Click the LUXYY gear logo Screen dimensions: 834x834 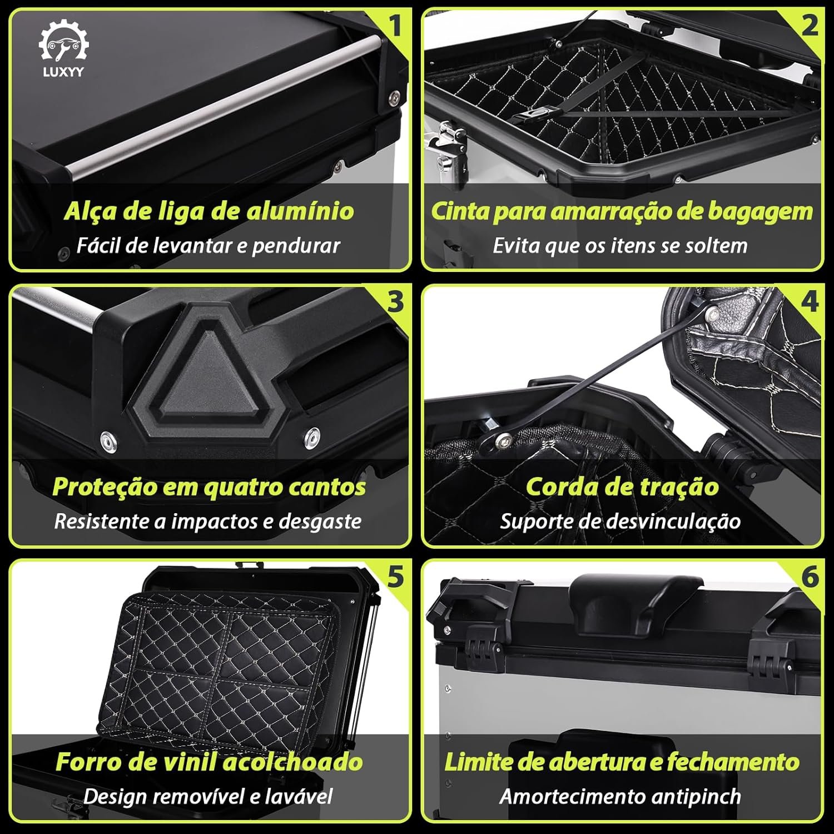[63, 48]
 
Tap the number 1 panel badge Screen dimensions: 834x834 [394, 26]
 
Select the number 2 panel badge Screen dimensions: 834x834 [810, 26]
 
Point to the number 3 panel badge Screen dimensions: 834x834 [395, 301]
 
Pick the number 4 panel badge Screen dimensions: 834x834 [810, 301]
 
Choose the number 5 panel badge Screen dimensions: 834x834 [395, 577]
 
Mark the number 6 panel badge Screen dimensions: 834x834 [810, 577]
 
